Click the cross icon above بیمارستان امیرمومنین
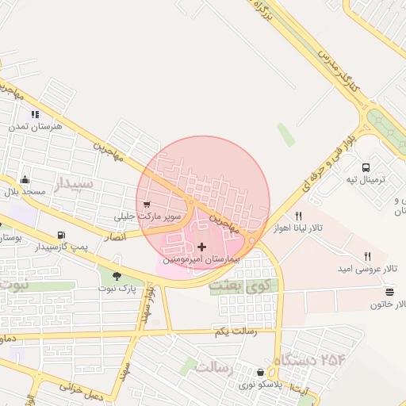[201, 247]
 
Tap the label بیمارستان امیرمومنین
[201, 259]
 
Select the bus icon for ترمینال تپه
[366, 168]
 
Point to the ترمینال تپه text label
[365, 180]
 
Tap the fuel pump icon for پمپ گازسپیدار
[61, 236]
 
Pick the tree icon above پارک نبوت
[117, 276]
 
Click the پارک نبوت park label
[117, 288]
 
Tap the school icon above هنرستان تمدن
[34, 114]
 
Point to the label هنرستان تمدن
[29, 126]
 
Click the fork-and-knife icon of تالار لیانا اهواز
[299, 216]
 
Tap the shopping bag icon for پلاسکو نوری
[261, 373]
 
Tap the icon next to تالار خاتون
[389, 292]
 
